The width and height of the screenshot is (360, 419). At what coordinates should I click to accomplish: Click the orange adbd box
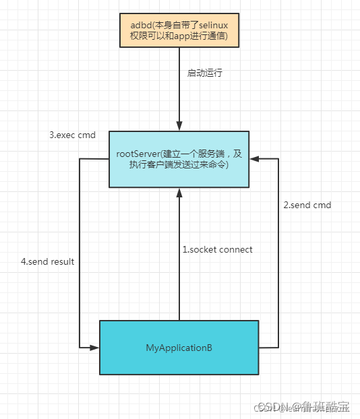click(179, 30)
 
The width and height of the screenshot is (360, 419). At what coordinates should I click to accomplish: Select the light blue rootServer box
click(179, 159)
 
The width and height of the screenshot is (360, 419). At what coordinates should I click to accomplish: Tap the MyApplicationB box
click(179, 348)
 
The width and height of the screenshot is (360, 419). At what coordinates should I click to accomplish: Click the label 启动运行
click(205, 73)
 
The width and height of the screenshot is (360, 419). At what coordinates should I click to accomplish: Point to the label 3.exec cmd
click(72, 135)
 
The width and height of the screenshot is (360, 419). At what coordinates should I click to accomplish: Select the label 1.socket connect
click(217, 249)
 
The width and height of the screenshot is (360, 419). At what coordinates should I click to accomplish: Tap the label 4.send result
click(47, 261)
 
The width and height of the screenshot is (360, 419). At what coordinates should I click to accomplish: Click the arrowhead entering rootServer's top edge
click(179, 127)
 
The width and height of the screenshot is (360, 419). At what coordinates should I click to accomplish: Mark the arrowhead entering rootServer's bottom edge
click(179, 193)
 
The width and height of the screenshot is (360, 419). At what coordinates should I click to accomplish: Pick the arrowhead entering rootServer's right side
click(254, 159)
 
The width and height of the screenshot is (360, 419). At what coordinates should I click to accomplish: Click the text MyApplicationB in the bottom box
click(179, 348)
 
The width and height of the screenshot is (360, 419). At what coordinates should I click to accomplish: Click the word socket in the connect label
click(206, 249)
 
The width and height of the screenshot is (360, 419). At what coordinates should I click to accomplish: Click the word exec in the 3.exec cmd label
click(68, 135)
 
